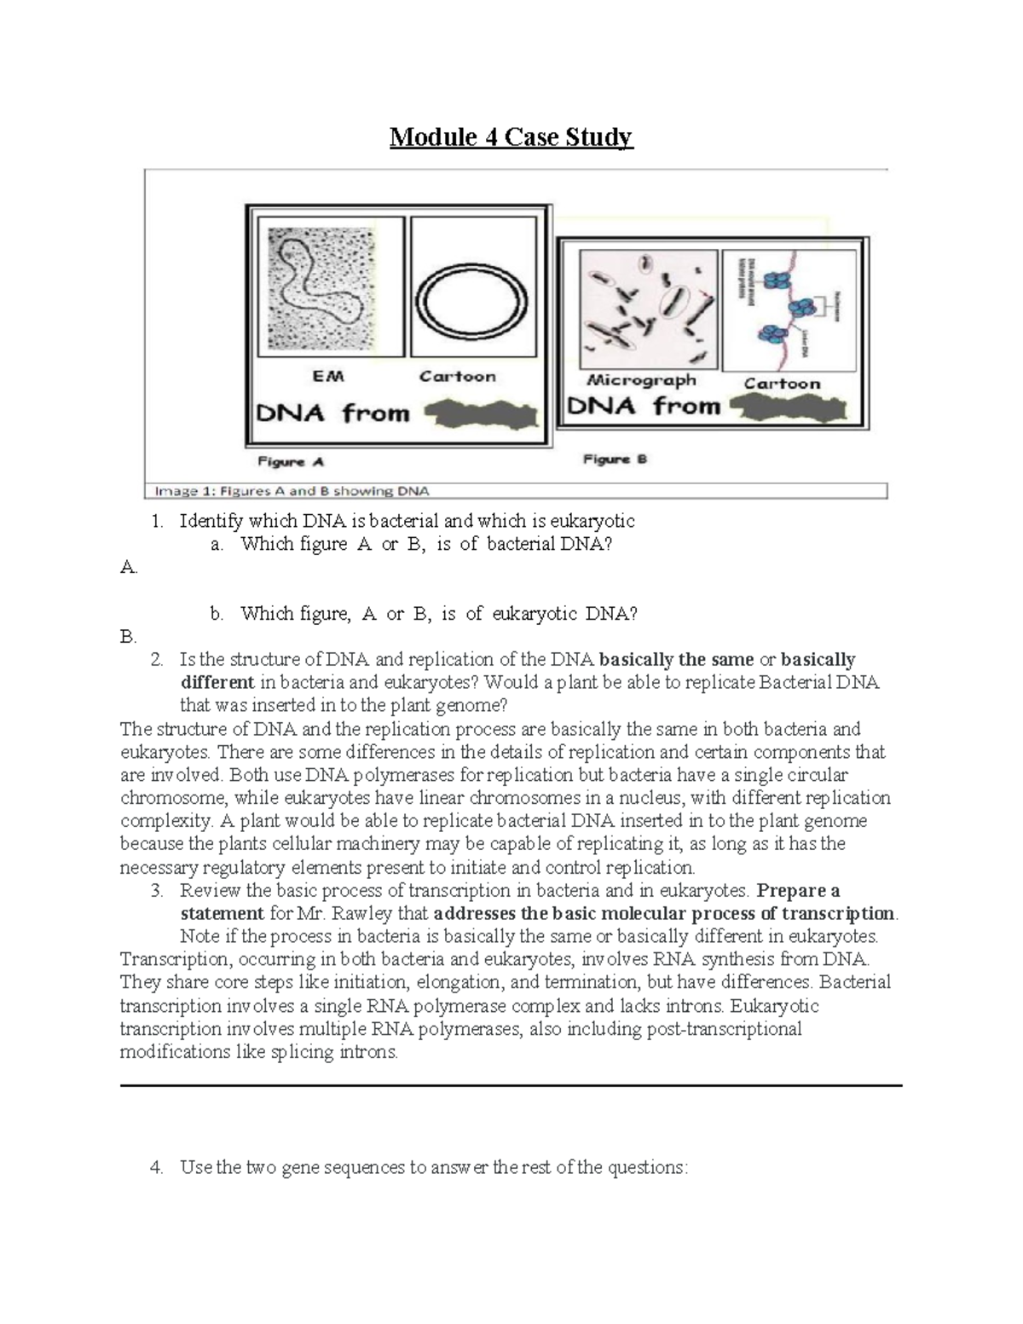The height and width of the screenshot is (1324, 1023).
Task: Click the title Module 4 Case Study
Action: (x=511, y=137)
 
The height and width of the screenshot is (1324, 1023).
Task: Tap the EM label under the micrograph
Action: (x=328, y=376)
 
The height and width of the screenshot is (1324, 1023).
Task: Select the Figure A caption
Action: (x=291, y=462)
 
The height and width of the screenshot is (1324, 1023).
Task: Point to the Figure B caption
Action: (x=615, y=460)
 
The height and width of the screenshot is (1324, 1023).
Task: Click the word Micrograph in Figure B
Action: (x=641, y=380)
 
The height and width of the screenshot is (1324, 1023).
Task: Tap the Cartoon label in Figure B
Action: (x=782, y=384)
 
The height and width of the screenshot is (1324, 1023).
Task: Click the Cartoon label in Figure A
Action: (x=457, y=376)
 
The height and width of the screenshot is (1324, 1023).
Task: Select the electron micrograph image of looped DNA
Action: (x=322, y=288)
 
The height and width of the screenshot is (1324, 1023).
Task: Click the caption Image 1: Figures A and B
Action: (x=292, y=491)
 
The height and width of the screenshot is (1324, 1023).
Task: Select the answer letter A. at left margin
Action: (x=129, y=567)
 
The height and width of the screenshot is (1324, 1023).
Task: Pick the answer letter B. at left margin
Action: (x=129, y=637)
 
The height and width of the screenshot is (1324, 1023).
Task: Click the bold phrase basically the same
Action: (x=677, y=660)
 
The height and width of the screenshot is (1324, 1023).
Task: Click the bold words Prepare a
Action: (x=799, y=891)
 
